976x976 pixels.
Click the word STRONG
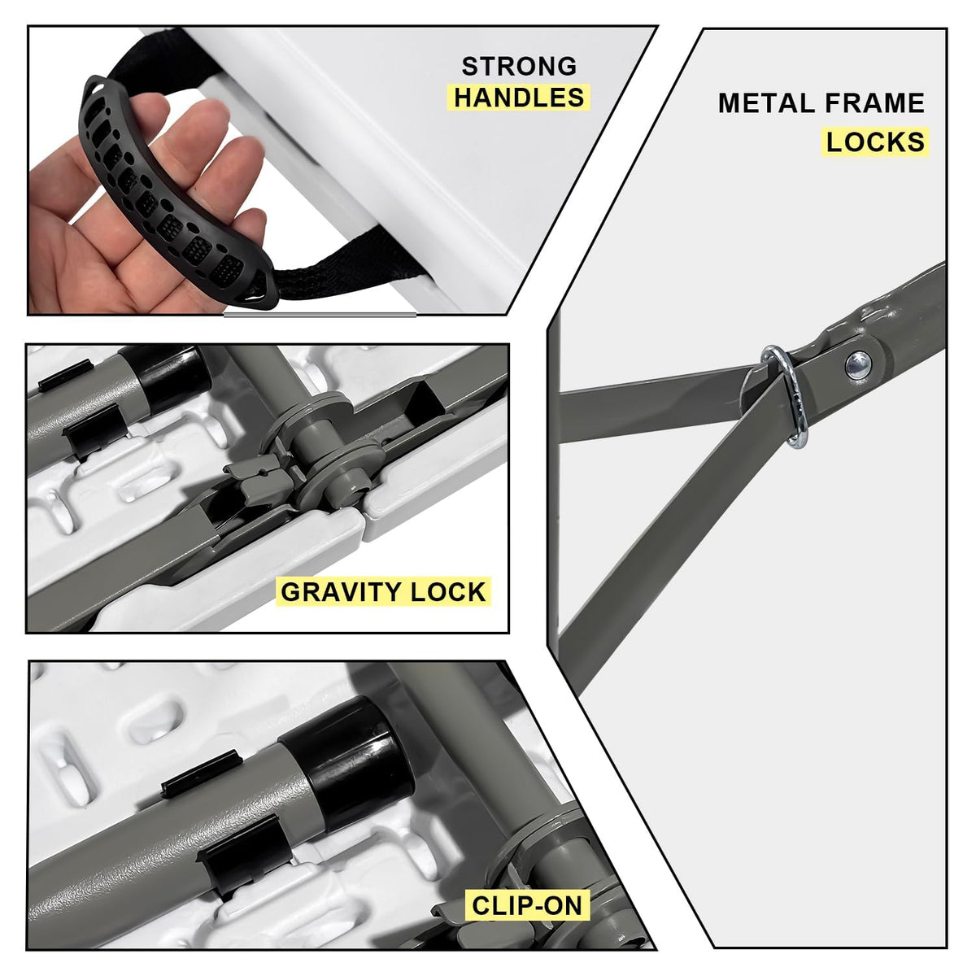point(519,67)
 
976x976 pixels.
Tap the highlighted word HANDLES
point(519,98)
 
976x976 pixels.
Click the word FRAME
point(875,103)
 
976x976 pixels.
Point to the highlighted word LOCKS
point(876,142)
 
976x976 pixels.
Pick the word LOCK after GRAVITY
point(449,592)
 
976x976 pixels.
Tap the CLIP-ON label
point(527,905)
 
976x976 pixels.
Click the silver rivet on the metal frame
point(858,365)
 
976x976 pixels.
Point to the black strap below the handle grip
point(350,268)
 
